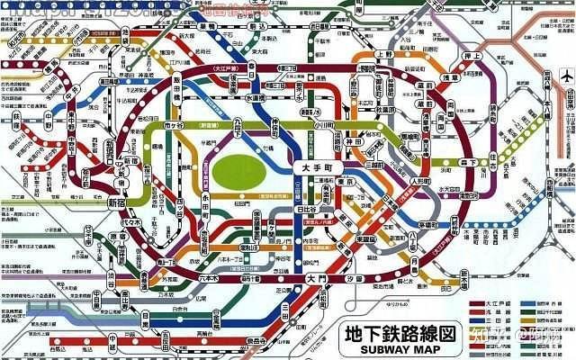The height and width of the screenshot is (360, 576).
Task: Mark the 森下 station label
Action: coord(465,162)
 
